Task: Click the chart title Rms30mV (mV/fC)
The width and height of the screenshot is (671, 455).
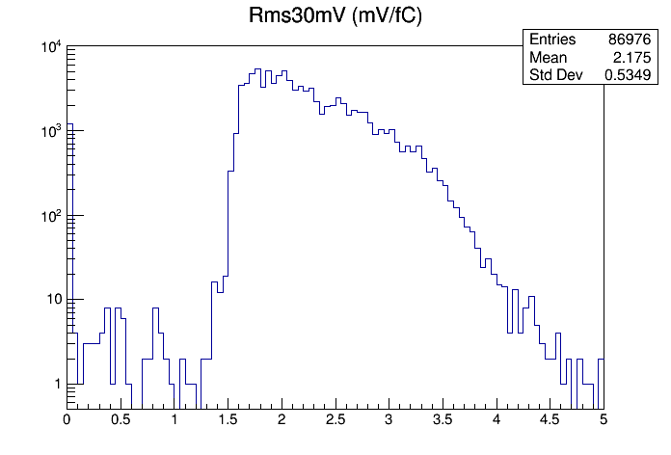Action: point(335,17)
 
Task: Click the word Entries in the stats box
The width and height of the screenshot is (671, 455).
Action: point(552,40)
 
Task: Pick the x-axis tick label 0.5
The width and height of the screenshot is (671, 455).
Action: point(120,419)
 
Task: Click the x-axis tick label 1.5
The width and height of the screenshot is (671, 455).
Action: point(228,419)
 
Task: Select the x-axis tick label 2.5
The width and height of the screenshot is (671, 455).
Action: point(335,419)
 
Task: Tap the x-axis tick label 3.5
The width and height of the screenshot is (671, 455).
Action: point(442,419)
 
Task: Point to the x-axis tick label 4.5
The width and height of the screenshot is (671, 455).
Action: point(550,419)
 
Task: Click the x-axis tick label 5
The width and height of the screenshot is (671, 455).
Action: point(604,419)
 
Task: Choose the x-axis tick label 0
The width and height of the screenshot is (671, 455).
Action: point(67,419)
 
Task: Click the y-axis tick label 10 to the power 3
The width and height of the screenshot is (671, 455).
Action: point(49,132)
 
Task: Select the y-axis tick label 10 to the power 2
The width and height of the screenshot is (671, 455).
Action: point(49,216)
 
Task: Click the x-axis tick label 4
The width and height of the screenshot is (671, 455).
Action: point(496,419)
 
